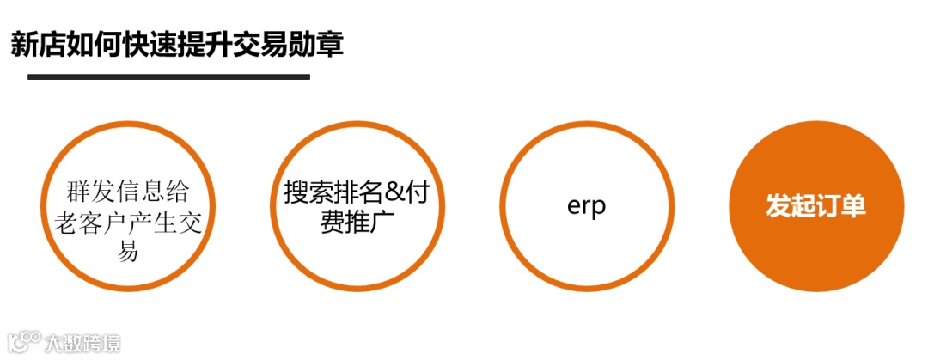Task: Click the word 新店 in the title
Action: coord(38,44)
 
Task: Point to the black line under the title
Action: coord(168,76)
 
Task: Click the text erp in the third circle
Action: coord(587,206)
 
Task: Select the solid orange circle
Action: coord(816,206)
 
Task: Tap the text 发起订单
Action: coord(816,207)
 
